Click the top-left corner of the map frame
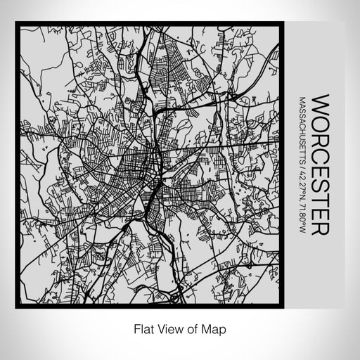tap(16, 24)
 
